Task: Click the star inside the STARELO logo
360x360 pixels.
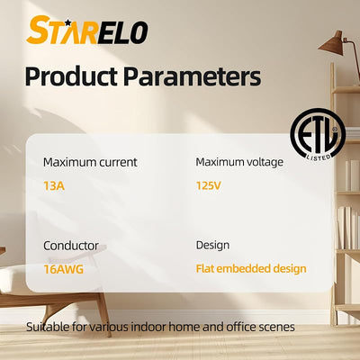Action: pos(67,22)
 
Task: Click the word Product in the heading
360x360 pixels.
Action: pos(71,76)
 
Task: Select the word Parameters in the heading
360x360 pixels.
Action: pos(192,76)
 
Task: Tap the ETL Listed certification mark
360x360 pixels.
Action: pos(318,134)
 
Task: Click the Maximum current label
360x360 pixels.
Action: pos(90,162)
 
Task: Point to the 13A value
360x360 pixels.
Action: pos(54,186)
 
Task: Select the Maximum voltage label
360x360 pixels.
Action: pos(239,162)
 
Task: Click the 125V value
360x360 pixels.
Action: pos(208,185)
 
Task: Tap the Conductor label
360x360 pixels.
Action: pos(71,246)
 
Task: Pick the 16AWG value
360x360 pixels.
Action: pos(64,269)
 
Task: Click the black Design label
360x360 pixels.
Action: pos(212,246)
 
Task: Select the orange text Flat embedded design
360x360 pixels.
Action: pos(251,269)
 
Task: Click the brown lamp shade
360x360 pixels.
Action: pos(331,43)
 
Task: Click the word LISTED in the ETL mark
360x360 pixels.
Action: pos(319,157)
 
